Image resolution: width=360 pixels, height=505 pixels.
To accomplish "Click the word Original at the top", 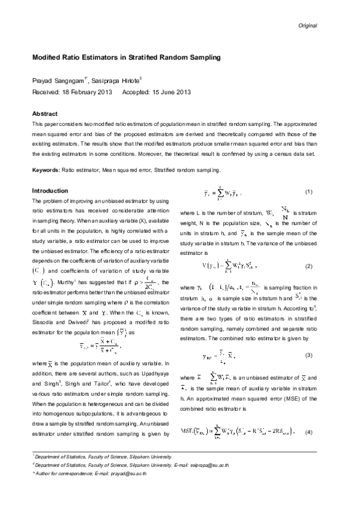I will pos(307,26).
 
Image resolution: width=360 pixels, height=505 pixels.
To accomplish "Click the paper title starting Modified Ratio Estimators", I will pos(126,58).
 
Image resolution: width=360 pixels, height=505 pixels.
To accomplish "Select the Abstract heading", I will pos(44,113).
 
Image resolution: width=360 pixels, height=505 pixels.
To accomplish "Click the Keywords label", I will pos(46,170).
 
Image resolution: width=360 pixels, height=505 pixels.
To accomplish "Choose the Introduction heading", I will pos(50,191).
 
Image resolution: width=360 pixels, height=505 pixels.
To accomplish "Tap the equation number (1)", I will pos(310,192).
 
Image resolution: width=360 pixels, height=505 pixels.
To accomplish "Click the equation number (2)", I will pos(310,248).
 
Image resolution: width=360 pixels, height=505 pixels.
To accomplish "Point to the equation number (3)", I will pos(310,339).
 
